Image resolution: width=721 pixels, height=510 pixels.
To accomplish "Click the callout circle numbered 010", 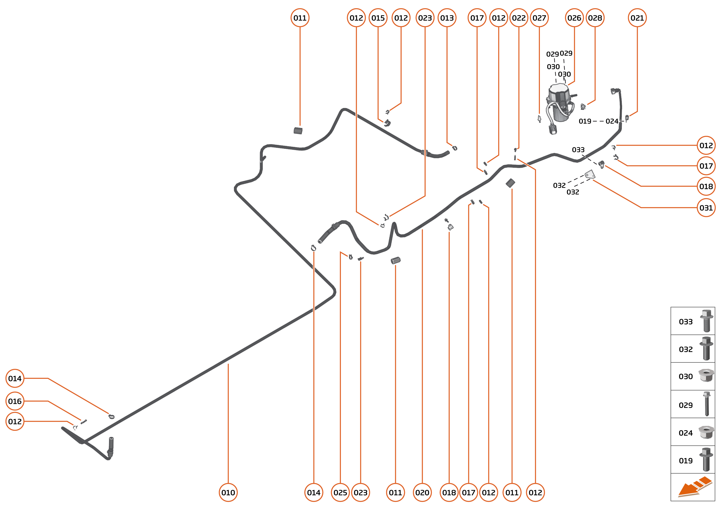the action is click(x=228, y=492).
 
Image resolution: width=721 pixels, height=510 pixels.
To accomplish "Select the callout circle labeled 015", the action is click(x=378, y=18).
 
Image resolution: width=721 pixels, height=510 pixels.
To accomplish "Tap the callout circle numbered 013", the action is click(x=447, y=18).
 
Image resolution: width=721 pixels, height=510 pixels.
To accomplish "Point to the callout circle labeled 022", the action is click(x=519, y=18).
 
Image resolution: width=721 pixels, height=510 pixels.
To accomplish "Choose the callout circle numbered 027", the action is click(x=539, y=18).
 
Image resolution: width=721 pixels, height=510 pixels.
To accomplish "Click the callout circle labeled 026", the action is click(x=574, y=18).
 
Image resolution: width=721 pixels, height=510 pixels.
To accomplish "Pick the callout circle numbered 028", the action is click(x=595, y=18).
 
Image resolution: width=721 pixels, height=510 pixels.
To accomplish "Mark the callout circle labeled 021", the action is click(x=637, y=18).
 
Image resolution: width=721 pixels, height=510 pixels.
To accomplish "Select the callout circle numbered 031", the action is click(x=706, y=208).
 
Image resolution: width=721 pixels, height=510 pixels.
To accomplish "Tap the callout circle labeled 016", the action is click(x=15, y=401).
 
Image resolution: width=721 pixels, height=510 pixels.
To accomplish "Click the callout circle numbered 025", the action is click(x=340, y=492).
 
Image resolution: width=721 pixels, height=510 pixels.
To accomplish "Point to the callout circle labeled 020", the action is click(x=422, y=492).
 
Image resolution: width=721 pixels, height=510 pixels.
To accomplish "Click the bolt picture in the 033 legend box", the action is click(x=707, y=321).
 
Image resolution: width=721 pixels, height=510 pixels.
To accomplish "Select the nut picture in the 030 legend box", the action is click(x=706, y=376).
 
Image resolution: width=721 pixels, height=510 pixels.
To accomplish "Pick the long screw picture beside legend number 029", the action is click(x=707, y=404).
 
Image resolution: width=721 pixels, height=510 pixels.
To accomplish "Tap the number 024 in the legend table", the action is click(x=686, y=433).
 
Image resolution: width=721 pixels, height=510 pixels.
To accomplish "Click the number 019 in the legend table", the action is click(x=686, y=461).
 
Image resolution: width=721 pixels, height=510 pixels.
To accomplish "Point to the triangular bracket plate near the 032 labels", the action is click(x=590, y=174).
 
